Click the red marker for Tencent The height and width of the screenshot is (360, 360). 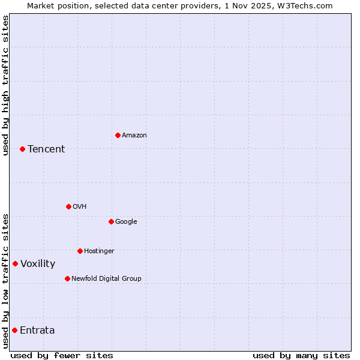click(x=22, y=149)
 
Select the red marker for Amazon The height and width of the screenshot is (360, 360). click(x=118, y=135)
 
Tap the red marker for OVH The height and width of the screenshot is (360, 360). click(x=68, y=206)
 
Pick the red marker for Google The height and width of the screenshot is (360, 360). click(x=111, y=221)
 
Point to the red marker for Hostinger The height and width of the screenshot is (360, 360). click(x=80, y=251)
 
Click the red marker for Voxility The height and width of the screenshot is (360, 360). click(x=15, y=263)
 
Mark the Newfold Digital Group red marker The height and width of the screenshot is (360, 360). click(x=67, y=278)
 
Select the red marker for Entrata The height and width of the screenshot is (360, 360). click(x=14, y=330)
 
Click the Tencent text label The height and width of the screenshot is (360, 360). click(x=46, y=149)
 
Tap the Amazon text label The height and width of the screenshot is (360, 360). click(x=134, y=135)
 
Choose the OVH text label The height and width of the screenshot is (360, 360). click(x=80, y=206)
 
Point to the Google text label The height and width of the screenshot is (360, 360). click(x=126, y=221)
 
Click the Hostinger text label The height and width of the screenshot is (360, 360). click(x=99, y=251)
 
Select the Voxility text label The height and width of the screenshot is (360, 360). click(x=38, y=263)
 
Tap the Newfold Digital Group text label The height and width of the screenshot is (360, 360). click(x=106, y=278)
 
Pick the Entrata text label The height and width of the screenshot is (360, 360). click(x=37, y=330)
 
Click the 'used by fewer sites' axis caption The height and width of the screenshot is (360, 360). click(x=62, y=355)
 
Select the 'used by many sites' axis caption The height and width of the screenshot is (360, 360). click(x=301, y=355)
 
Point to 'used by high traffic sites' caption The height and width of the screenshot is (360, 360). click(x=5, y=85)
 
